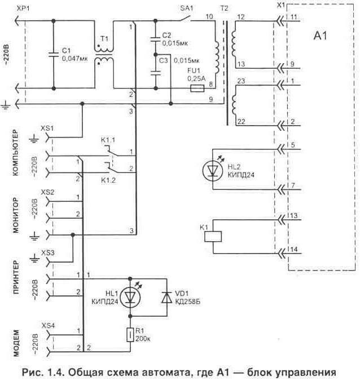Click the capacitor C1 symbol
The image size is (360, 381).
[x=54, y=55]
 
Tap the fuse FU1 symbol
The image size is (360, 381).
[x=197, y=89]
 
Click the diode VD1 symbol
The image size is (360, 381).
[x=166, y=297]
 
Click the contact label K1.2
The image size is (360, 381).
[x=108, y=180]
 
